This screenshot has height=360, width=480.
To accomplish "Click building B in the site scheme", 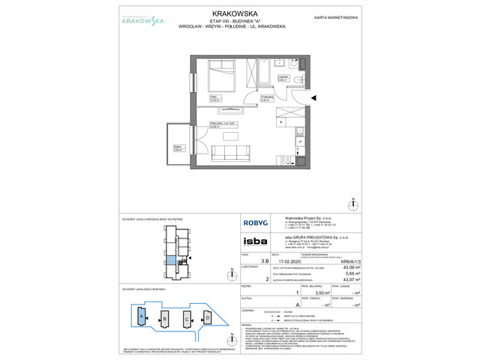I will point(163,318).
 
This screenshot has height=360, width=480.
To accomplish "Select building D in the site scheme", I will point(207,318).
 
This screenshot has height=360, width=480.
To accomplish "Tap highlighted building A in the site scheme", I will point(141,317).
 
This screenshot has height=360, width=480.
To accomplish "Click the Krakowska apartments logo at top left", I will point(123,22).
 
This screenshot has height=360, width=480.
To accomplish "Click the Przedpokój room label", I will point(265,95).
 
